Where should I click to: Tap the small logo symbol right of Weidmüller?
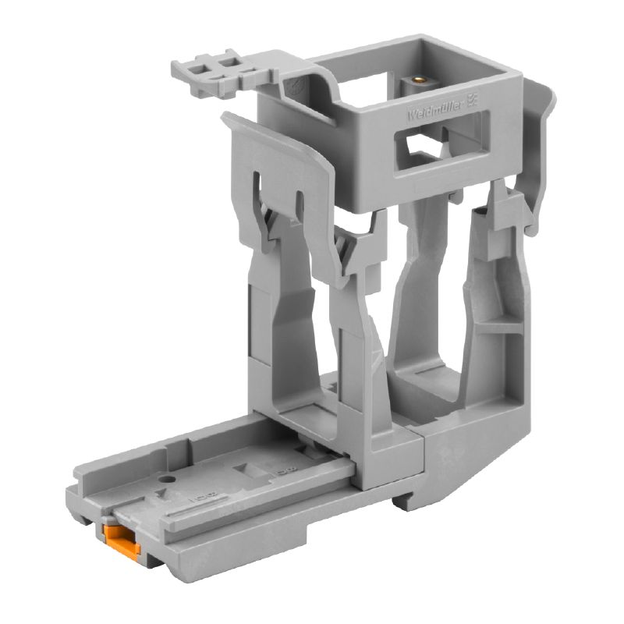[471, 101]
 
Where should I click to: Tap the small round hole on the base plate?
[165, 477]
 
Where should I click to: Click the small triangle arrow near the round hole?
[161, 494]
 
